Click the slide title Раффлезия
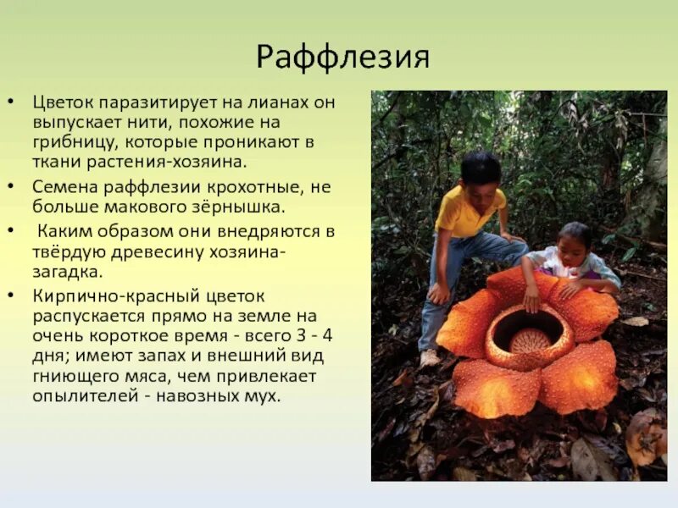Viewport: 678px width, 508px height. coord(342,58)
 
